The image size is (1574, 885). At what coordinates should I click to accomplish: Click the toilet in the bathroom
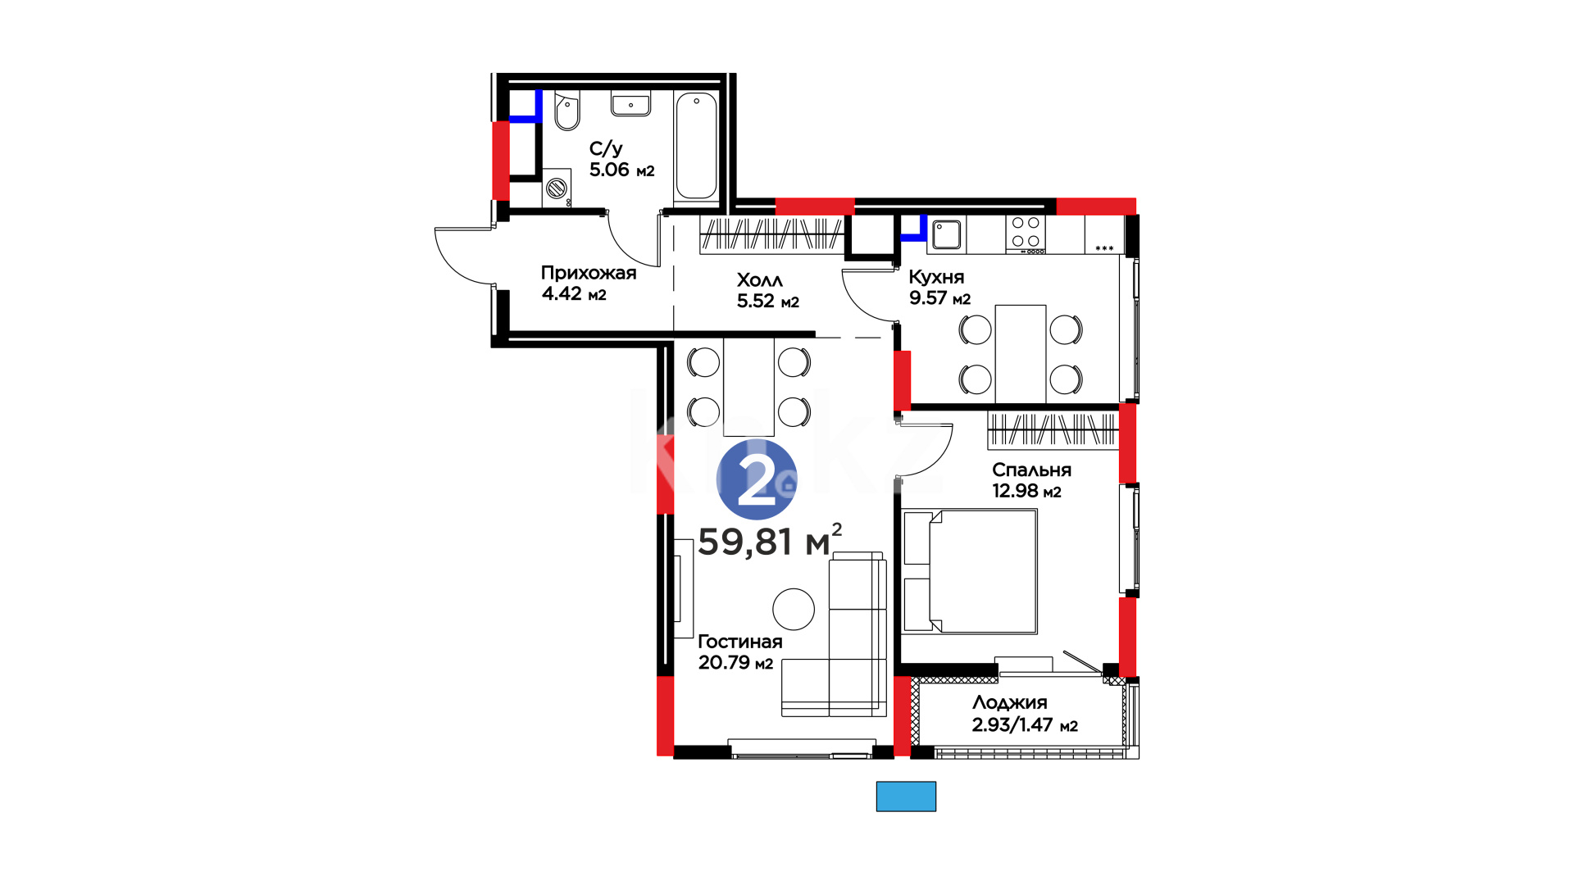pyautogui.click(x=566, y=111)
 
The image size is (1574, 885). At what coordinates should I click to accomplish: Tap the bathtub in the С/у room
pyautogui.click(x=696, y=146)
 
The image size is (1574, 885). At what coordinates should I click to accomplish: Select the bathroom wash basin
pyautogui.click(x=630, y=104)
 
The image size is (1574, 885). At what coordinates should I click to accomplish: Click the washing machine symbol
pyautogui.click(x=557, y=188)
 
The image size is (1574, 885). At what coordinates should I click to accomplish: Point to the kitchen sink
pyautogui.click(x=946, y=234)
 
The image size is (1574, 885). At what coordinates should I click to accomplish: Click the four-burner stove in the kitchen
pyautogui.click(x=1026, y=234)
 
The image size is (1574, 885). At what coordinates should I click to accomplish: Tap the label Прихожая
pyautogui.click(x=589, y=273)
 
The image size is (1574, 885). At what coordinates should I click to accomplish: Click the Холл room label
pyautogui.click(x=760, y=280)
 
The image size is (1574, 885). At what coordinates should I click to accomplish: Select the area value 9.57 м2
pyautogui.click(x=939, y=298)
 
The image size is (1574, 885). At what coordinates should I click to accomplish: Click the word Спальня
pyautogui.click(x=1031, y=470)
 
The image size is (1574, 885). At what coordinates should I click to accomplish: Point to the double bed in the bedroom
pyautogui.click(x=970, y=571)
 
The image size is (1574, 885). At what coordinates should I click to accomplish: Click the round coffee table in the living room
pyautogui.click(x=794, y=610)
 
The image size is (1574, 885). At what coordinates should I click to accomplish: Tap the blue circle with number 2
pyautogui.click(x=757, y=479)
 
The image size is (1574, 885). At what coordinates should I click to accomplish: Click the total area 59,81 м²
pyautogui.click(x=770, y=541)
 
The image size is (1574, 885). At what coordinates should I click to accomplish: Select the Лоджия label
pyautogui.click(x=1010, y=703)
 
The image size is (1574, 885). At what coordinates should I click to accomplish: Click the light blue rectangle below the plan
pyautogui.click(x=906, y=796)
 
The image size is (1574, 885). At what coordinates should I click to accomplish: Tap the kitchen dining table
pyautogui.click(x=1021, y=354)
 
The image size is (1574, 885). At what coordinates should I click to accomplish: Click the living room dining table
pyautogui.click(x=749, y=386)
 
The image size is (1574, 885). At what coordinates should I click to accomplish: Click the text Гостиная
pyautogui.click(x=740, y=642)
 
